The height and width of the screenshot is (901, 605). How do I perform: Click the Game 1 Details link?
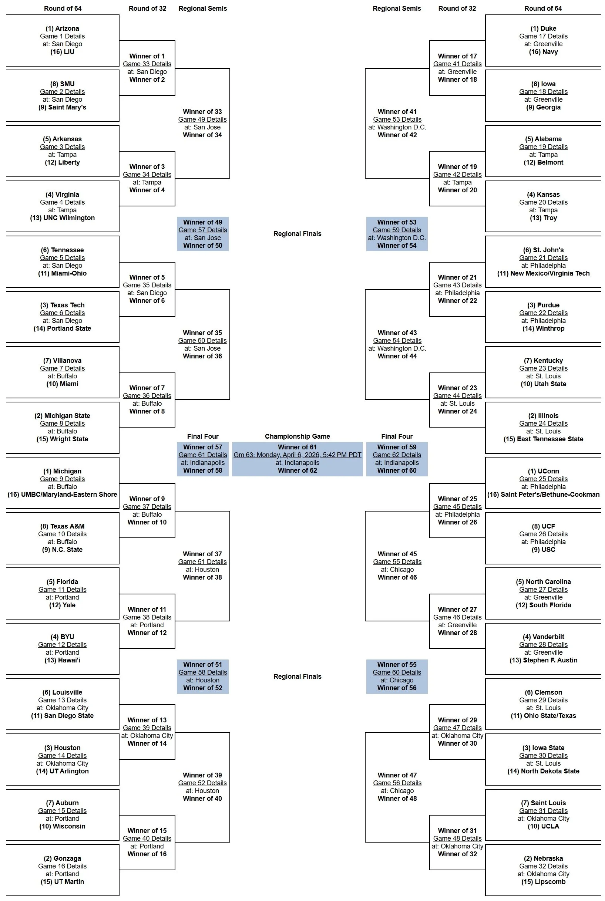click(62, 36)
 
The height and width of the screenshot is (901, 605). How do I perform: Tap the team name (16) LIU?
click(62, 52)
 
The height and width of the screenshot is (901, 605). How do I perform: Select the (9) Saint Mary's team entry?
click(62, 107)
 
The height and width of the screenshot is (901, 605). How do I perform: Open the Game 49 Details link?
click(202, 119)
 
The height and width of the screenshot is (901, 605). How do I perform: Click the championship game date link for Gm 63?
click(297, 455)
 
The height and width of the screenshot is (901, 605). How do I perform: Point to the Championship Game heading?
click(297, 436)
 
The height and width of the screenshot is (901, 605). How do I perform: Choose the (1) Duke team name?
click(543, 28)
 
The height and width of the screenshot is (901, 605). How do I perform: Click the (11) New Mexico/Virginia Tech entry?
click(543, 273)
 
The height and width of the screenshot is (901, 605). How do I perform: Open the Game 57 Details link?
click(202, 230)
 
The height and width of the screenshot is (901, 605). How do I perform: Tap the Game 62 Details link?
click(397, 455)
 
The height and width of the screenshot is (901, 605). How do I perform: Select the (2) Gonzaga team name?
click(62, 858)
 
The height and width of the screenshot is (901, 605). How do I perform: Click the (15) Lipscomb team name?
click(543, 882)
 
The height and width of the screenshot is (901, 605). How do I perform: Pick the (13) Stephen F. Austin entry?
click(543, 660)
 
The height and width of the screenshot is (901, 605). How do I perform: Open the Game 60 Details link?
click(397, 672)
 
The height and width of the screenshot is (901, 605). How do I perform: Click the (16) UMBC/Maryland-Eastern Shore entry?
click(62, 495)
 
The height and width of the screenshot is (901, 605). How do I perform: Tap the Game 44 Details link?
click(457, 396)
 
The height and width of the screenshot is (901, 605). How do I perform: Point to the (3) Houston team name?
click(62, 748)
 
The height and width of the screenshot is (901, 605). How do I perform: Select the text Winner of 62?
click(297, 470)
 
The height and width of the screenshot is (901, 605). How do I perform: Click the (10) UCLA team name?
click(543, 826)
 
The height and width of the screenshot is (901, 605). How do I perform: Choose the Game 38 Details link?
click(147, 617)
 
